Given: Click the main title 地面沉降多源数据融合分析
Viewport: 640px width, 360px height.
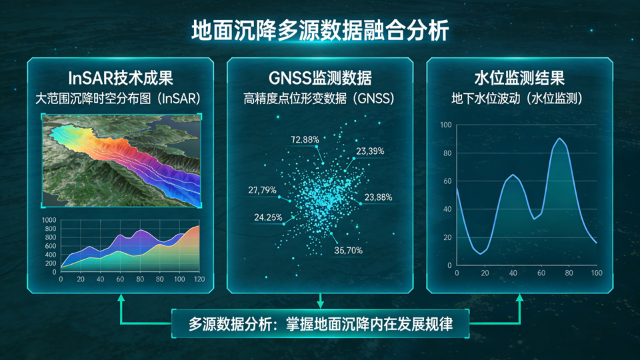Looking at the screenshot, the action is (320, 30).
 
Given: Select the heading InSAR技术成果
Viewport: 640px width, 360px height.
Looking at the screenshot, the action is (121, 77).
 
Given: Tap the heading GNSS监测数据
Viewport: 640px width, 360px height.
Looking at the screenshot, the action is (320, 77).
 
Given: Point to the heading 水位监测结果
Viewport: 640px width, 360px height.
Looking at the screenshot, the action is (519, 77).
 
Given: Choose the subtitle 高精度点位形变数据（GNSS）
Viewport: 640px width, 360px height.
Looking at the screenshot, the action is (320, 99).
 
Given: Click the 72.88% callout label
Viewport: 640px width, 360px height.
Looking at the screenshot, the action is (305, 139).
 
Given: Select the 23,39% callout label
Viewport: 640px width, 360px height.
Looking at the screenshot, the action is (370, 151).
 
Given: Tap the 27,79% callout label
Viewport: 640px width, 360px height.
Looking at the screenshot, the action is (262, 190).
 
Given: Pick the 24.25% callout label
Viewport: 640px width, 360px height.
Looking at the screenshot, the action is (268, 217).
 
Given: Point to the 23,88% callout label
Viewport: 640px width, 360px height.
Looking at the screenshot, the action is (378, 197).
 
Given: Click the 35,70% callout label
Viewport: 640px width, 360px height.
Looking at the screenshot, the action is (348, 250).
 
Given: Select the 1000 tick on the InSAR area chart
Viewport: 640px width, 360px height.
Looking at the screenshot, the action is (49, 220).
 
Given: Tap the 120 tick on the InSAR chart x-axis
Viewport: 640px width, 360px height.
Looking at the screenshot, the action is (199, 279).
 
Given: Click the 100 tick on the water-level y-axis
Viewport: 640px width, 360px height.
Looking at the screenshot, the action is (446, 125).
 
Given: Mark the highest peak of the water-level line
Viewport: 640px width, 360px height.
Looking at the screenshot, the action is (559, 139).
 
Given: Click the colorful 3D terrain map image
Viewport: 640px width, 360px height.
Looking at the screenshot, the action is (121, 161).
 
